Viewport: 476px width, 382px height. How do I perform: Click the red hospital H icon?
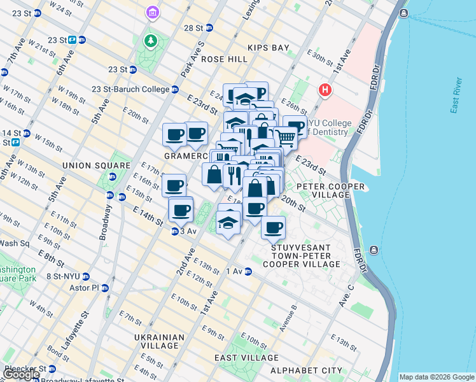click(x=325, y=90)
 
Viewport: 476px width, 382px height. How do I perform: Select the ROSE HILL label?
click(x=224, y=59)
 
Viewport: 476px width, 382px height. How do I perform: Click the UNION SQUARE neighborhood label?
click(x=87, y=166)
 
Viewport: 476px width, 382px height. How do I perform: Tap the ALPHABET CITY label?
click(x=306, y=370)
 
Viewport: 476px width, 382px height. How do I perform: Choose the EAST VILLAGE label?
click(x=240, y=358)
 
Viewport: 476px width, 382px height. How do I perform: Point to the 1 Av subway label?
click(x=235, y=272)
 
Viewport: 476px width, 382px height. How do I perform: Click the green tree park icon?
click(x=150, y=42)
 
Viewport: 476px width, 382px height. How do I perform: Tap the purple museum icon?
click(x=152, y=12)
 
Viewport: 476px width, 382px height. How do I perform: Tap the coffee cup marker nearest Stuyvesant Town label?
click(x=273, y=227)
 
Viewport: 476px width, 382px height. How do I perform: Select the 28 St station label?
click(x=193, y=28)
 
